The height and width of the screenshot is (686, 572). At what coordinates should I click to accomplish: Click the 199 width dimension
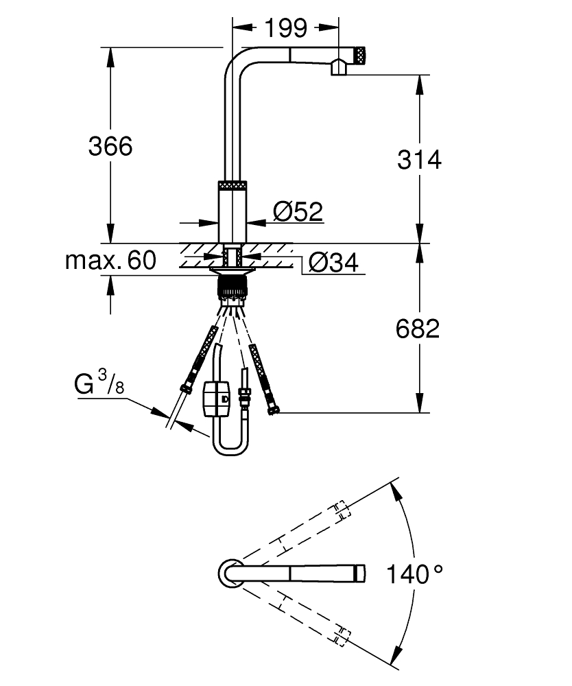pyautogui.click(x=286, y=28)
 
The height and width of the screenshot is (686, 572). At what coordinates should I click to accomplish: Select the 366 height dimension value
pyautogui.click(x=110, y=146)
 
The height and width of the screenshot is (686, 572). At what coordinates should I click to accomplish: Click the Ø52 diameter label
pyautogui.click(x=298, y=211)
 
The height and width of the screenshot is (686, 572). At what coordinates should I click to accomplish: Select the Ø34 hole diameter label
pyautogui.click(x=333, y=262)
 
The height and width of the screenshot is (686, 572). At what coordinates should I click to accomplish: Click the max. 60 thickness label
pyautogui.click(x=110, y=261)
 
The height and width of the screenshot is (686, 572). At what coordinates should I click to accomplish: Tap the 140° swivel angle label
pyautogui.click(x=414, y=573)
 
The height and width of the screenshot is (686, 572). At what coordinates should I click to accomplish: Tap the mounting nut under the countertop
pyautogui.click(x=233, y=286)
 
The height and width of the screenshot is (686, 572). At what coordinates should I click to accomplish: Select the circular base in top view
pyautogui.click(x=229, y=573)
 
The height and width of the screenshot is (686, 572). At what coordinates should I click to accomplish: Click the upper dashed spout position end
pyautogui.click(x=341, y=510)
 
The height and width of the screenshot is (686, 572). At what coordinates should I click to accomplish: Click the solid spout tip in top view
pyautogui.click(x=359, y=573)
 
